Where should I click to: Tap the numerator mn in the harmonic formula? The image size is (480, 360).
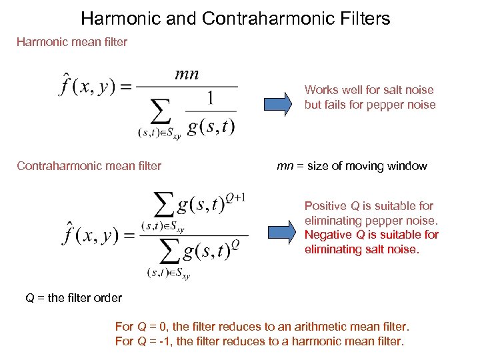pyautogui.click(x=186, y=74)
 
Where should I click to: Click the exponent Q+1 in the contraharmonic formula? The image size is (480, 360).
pyautogui.click(x=235, y=197)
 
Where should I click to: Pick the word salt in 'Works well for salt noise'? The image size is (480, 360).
pyautogui.click(x=389, y=90)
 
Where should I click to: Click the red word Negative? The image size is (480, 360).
pyautogui.click(x=329, y=235)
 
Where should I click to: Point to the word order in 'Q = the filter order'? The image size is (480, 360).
pyautogui.click(x=108, y=298)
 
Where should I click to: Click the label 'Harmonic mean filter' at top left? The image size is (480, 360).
pyautogui.click(x=72, y=42)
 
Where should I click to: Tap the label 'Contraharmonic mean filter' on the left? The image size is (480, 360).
pyautogui.click(x=89, y=166)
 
